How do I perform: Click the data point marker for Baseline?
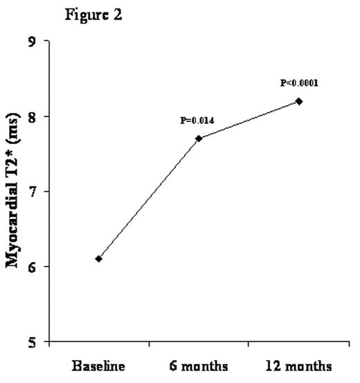98,258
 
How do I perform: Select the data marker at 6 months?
199,139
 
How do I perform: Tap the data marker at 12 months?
299,101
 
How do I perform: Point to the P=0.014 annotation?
197,121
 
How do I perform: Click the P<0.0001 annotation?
299,83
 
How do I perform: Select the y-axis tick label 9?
33,42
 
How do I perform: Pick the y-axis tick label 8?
33,116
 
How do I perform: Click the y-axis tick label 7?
33,191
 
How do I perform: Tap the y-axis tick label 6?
33,267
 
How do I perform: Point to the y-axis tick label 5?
33,341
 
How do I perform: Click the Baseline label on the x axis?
98,366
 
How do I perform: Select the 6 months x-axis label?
199,366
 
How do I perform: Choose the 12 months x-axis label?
299,366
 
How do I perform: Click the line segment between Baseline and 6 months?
148,199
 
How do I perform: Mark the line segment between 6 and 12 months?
249,120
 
